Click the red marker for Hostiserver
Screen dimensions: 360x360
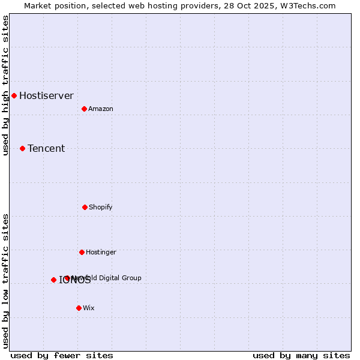[x=14, y=95]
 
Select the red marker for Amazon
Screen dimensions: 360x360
[x=84, y=109]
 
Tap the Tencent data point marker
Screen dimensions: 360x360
[x=22, y=148]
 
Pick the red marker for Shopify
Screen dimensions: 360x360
[x=85, y=207]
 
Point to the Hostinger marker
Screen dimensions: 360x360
[x=82, y=252]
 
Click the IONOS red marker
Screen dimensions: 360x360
[x=53, y=280]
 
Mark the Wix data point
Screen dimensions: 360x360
[x=79, y=308]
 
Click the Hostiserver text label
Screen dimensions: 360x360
[x=46, y=95]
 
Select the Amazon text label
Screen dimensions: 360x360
[x=101, y=109]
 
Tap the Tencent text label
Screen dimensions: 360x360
[x=46, y=148]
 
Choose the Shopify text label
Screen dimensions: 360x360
[x=101, y=207]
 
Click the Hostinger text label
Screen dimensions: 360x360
[x=101, y=252]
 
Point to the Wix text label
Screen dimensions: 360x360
[x=89, y=308]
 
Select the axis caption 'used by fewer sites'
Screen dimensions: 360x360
[x=62, y=355]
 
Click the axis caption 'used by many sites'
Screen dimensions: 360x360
[x=301, y=355]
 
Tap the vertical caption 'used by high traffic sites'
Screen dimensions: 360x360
[x=6, y=85]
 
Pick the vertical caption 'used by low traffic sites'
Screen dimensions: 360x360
[x=6, y=281]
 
